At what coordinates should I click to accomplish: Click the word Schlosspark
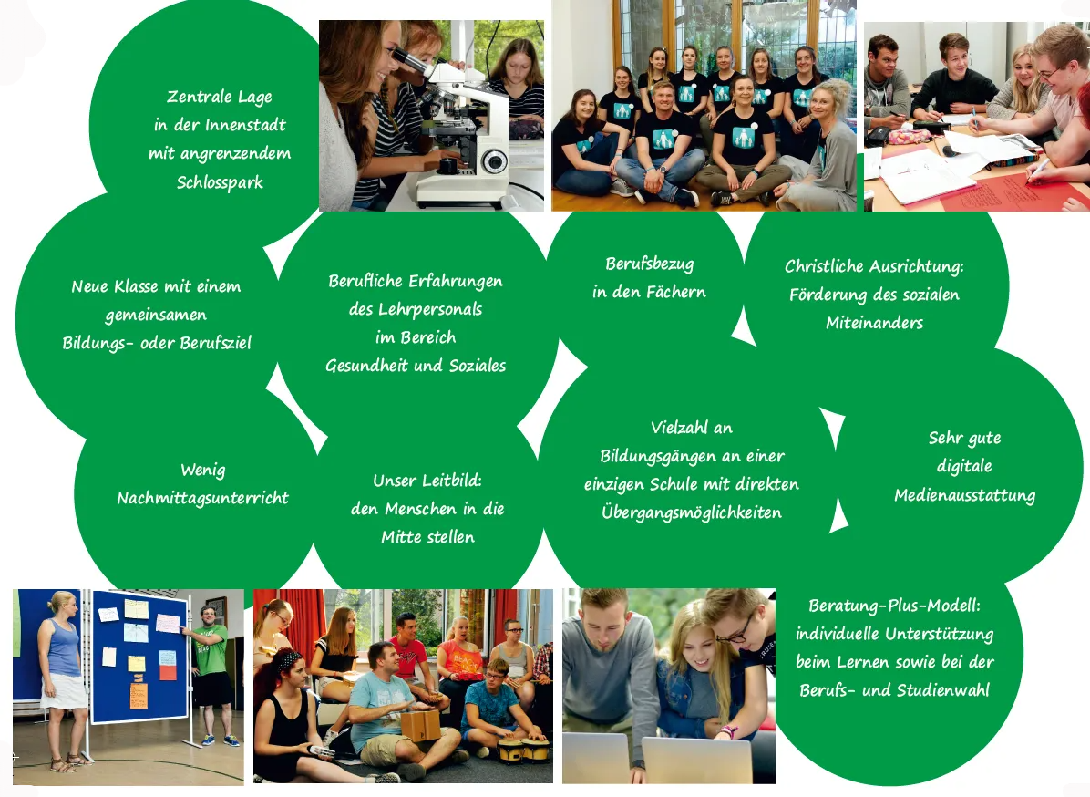coord(219,182)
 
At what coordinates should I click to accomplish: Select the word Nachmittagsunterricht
coord(202,498)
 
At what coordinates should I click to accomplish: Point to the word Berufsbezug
coord(649,264)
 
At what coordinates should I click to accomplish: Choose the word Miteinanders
coord(874,323)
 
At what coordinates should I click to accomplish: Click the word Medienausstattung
coord(964,496)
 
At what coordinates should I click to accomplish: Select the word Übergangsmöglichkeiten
coord(692,512)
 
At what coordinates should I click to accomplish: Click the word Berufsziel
coord(217,343)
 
